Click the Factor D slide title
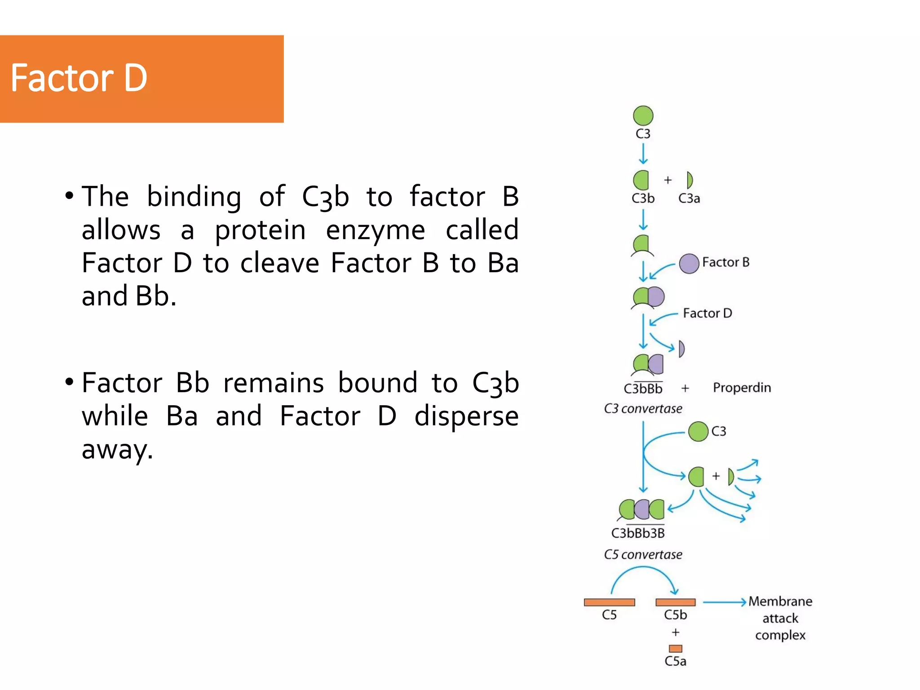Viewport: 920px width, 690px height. pos(79,79)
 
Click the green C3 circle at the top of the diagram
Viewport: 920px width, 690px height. pos(643,116)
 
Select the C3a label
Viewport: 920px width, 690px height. pos(689,199)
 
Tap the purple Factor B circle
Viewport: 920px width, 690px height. pos(689,264)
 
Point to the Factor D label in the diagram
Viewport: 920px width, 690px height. pos(707,313)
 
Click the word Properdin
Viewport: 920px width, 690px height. pos(742,388)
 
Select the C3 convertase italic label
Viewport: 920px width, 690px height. pos(643,409)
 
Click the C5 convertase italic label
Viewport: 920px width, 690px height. pos(643,555)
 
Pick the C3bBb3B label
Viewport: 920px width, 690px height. pos(638,533)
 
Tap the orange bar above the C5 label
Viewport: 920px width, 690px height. pos(609,602)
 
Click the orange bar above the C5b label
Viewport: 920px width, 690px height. pos(675,602)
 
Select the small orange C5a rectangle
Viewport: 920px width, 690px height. pos(675,649)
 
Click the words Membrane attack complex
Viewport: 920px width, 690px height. pos(780,618)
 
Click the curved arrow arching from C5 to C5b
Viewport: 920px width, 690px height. pos(643,569)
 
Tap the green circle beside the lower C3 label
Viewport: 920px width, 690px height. pos(698,431)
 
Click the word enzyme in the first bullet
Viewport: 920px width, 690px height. pos(375,230)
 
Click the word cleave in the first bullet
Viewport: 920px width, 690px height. pos(279,263)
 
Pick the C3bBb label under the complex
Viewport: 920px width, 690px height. pos(643,389)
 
